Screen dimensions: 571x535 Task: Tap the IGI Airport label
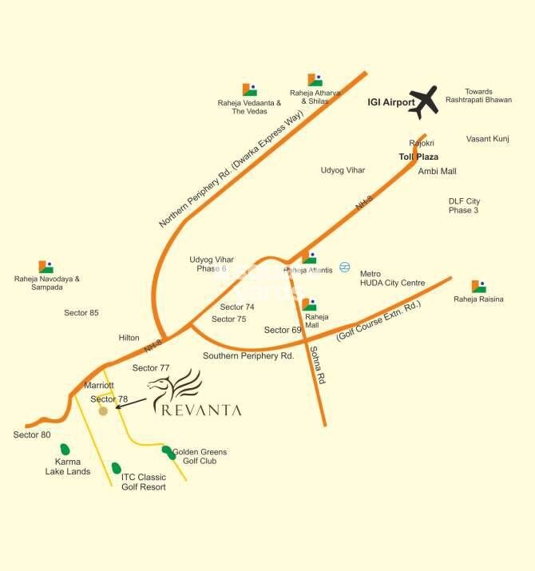[390, 103]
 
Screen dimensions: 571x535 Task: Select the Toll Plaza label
[418, 157]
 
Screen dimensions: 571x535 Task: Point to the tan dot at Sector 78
[103, 412]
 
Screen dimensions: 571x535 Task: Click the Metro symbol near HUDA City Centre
[345, 267]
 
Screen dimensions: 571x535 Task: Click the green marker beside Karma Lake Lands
[65, 450]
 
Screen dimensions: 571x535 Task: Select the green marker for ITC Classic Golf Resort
[117, 468]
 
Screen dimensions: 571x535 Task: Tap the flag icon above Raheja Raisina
[478, 287]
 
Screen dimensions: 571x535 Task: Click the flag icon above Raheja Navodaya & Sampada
[46, 267]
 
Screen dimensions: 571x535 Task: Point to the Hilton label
[129, 338]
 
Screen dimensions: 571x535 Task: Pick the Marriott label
[99, 385]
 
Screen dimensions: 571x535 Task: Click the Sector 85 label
[81, 312]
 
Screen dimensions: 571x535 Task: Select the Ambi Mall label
[437, 171]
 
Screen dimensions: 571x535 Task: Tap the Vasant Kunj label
[487, 139]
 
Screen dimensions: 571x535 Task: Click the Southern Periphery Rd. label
[248, 355]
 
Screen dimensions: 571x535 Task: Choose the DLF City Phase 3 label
[464, 205]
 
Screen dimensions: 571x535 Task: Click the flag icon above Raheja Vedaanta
[250, 89]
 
